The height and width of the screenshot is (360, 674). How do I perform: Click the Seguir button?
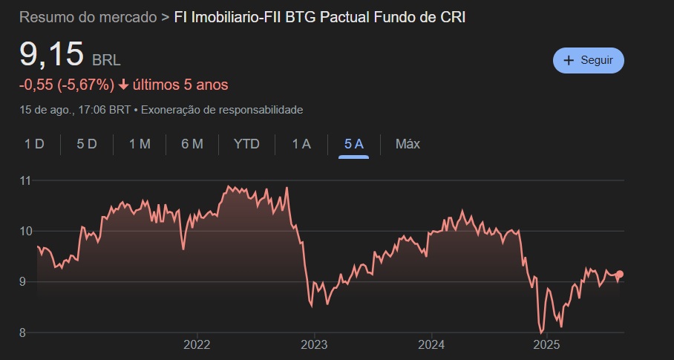point(589,61)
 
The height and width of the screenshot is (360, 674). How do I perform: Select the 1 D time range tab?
point(34,144)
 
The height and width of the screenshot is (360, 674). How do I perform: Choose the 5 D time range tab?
point(87,144)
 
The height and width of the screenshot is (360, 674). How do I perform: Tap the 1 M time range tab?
point(140,144)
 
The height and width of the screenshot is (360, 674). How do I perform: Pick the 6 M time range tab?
point(192,144)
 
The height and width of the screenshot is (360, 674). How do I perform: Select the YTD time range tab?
point(246,144)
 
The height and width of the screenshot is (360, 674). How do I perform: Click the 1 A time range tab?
point(301,144)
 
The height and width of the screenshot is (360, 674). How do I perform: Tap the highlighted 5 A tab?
point(353,144)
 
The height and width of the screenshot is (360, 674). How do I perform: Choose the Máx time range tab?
point(408,144)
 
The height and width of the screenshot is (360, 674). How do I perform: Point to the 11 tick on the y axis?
point(25,180)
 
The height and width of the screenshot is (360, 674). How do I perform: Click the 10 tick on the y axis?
point(25,231)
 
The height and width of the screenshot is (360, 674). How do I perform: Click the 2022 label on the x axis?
point(197,344)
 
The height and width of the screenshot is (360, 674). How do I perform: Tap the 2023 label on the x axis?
point(314,344)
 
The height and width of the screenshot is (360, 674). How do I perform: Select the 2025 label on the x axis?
point(546,344)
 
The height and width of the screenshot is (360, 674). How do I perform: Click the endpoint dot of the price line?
point(621,274)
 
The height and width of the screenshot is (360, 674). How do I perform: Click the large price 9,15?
point(51,56)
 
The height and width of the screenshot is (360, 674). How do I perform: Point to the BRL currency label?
point(106,60)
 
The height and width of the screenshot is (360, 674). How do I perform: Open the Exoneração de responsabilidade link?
point(221,110)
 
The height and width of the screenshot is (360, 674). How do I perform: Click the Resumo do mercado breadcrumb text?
point(88,17)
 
